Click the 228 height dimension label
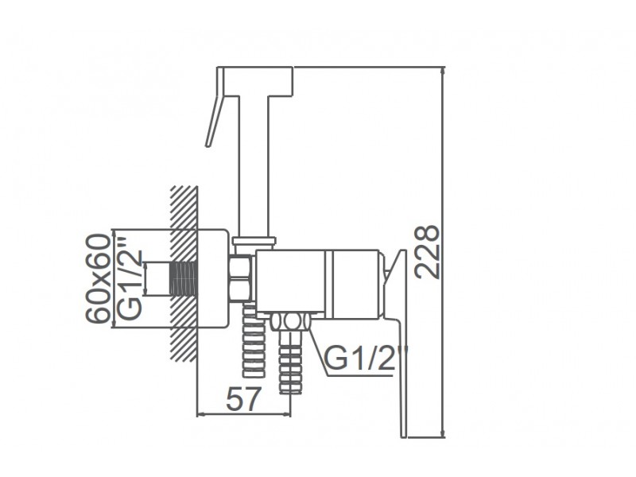point(427,252)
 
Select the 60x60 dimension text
point(98,279)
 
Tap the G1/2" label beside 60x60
point(130,281)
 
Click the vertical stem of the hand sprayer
point(254,166)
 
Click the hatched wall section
point(184,273)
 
